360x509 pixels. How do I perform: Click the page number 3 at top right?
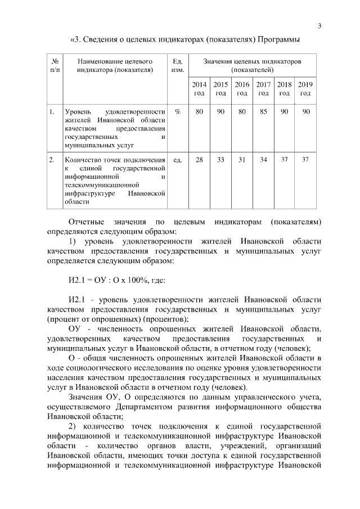coord(319,25)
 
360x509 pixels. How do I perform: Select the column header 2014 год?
coord(199,88)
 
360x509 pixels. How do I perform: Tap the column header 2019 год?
coord(305,88)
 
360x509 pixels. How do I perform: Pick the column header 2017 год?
coord(263,88)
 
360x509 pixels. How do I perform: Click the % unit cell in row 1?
coord(177,112)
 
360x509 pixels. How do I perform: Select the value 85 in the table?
coord(263,112)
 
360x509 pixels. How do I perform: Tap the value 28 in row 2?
coord(199,160)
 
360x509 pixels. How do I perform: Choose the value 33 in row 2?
coord(220,160)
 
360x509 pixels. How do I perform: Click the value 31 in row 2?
coord(242,160)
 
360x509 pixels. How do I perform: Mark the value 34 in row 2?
coord(263,160)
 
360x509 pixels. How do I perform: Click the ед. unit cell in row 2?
coord(177,160)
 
